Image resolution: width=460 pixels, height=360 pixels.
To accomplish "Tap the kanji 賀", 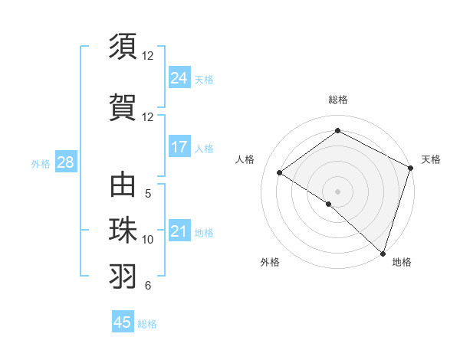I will tap(123, 107).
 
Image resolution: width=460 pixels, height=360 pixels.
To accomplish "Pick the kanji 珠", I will tap(123, 231).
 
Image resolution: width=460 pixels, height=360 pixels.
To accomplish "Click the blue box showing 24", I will tap(179, 78).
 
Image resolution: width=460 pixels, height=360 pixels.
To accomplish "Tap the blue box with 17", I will tap(179, 148).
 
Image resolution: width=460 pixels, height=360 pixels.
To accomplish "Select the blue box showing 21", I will tap(179, 232).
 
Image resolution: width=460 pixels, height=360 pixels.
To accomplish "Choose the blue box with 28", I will tap(65, 163).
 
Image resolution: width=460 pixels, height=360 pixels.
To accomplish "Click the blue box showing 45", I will tap(123, 322).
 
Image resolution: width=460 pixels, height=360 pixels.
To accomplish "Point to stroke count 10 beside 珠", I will tap(148, 240).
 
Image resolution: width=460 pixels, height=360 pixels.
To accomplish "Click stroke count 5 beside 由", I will tap(148, 194).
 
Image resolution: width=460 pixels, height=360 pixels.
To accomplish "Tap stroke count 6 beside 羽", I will tap(148, 286).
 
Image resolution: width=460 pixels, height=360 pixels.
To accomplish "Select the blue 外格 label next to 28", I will tap(41, 164).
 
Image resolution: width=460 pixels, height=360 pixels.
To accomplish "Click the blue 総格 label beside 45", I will tap(147, 324).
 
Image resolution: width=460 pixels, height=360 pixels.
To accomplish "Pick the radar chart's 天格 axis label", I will tap(431, 159).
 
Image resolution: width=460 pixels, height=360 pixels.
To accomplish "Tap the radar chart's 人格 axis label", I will tap(245, 159).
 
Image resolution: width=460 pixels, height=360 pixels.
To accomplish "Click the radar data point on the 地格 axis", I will tap(383, 252).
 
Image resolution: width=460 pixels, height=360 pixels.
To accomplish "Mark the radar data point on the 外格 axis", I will tap(329, 204).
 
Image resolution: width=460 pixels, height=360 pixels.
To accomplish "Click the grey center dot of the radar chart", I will tap(337, 191).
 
